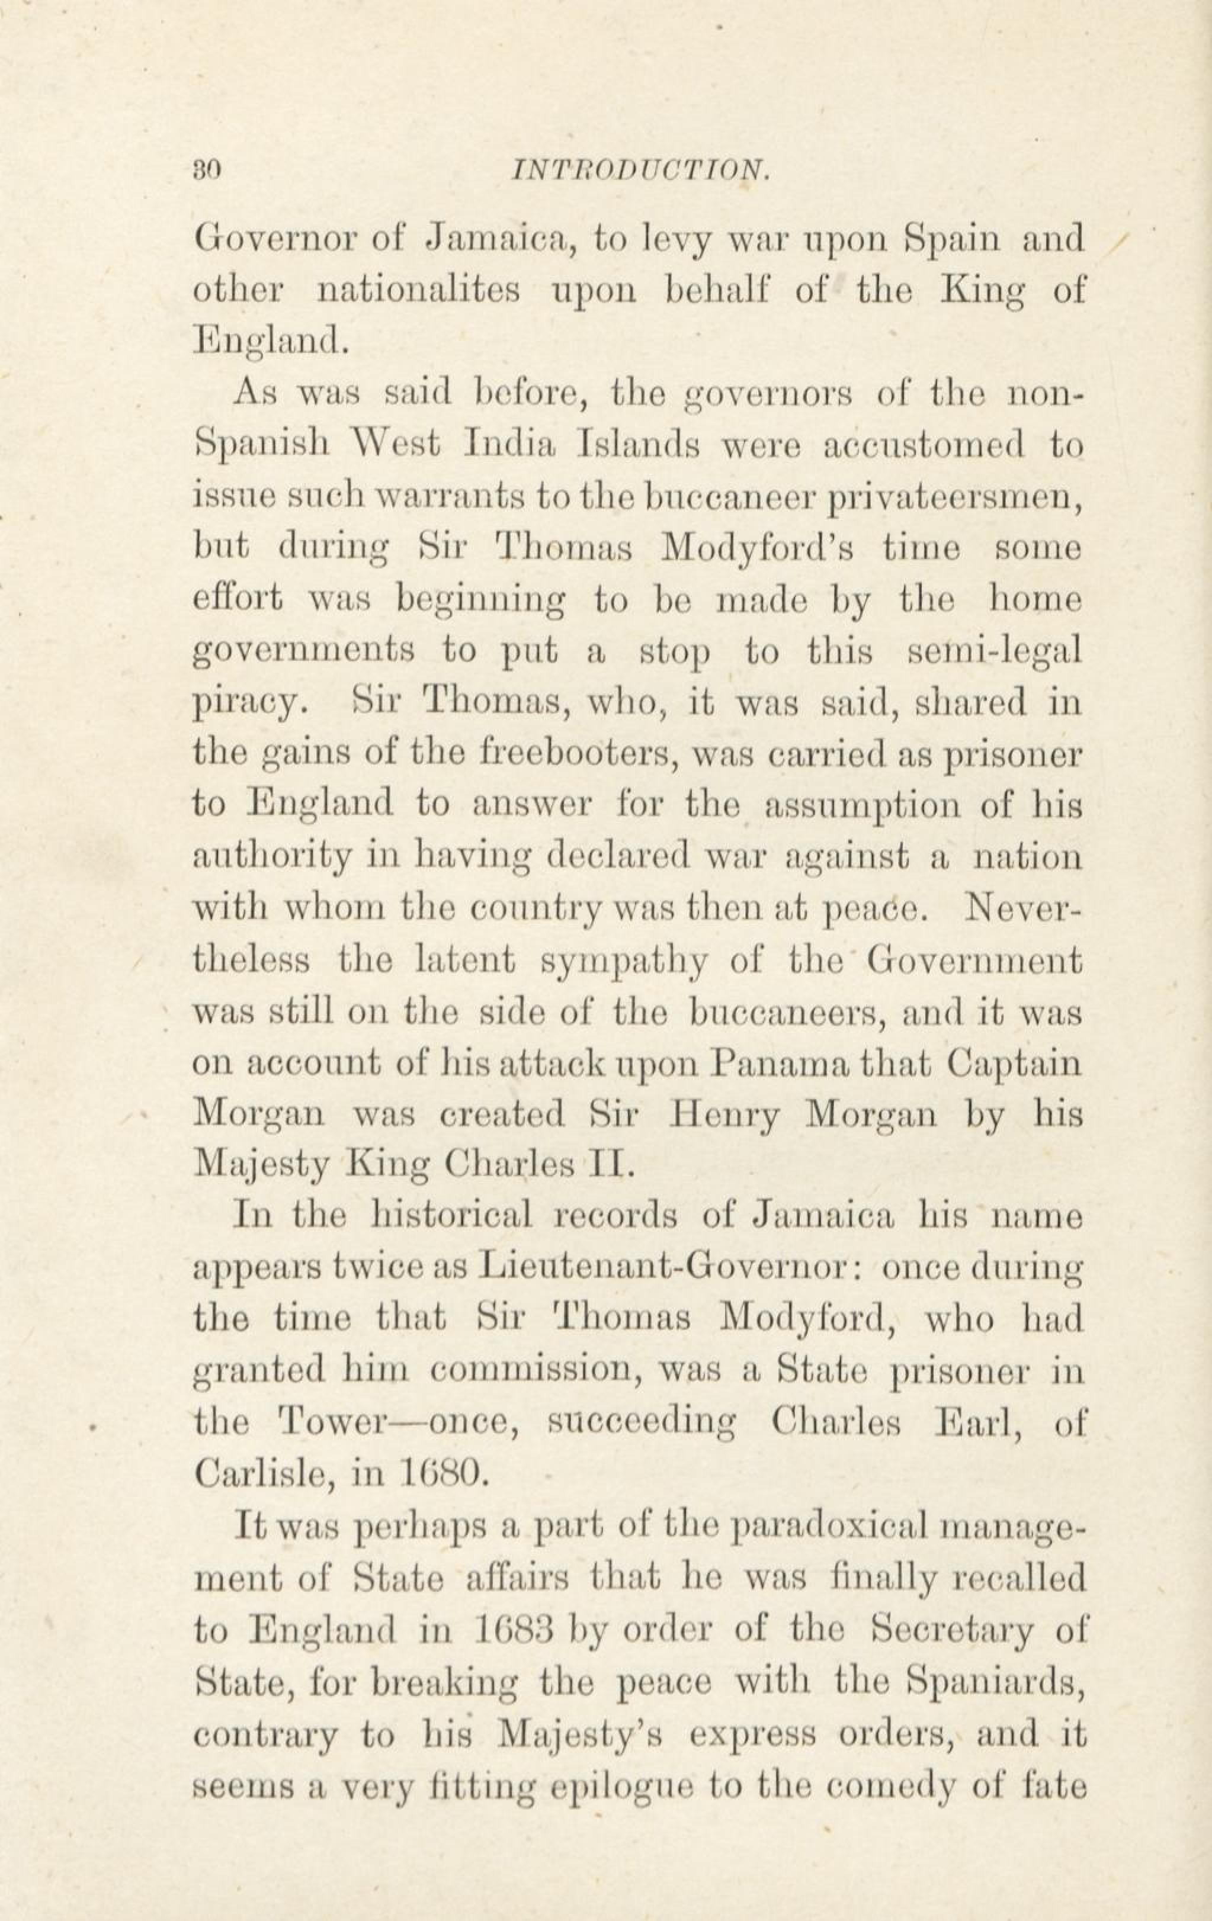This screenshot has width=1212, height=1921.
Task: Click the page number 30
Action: [x=206, y=170]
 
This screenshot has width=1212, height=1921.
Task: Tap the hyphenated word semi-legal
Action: [x=995, y=653]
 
